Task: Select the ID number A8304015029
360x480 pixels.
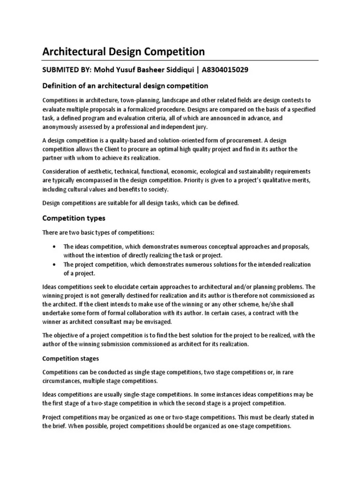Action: tap(223, 70)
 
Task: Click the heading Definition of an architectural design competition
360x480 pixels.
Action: tap(125, 86)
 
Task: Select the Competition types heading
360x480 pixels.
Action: tap(74, 218)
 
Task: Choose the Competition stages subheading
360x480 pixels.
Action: tap(71, 359)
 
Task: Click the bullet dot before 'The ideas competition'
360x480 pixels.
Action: tap(55, 246)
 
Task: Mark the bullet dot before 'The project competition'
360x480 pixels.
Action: tap(55, 264)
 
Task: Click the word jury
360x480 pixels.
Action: tap(211, 127)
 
